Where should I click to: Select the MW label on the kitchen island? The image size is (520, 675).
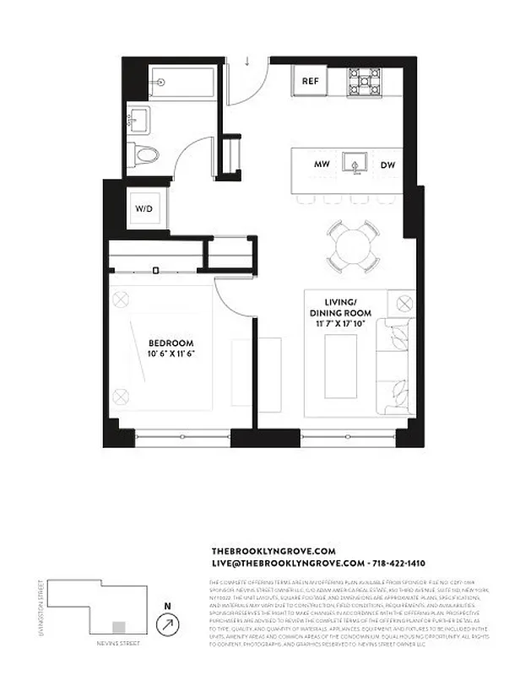(321, 164)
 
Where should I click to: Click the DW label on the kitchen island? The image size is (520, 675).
(387, 164)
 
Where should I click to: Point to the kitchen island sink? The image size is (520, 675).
(355, 162)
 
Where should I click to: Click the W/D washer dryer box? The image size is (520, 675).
(143, 208)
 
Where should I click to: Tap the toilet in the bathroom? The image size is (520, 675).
(144, 155)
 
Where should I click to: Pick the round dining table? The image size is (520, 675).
(354, 246)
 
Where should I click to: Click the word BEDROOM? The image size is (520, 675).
(167, 343)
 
